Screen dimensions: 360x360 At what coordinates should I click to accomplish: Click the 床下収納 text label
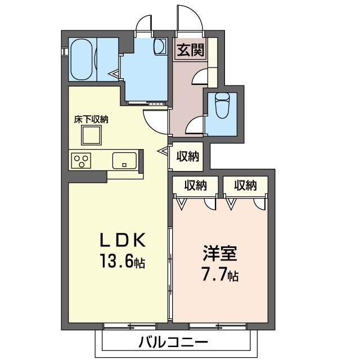point(91,119)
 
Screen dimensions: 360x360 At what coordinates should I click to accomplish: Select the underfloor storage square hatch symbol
point(91,136)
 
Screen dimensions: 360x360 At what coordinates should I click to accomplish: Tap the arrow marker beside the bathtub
point(115,73)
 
